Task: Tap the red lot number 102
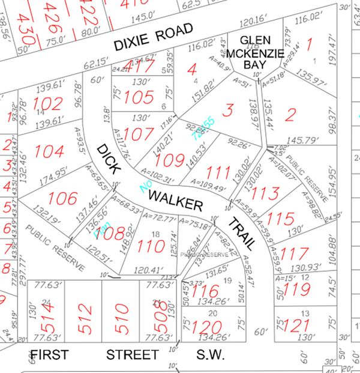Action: click(48, 103)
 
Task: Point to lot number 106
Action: click(63, 198)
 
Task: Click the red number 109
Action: click(170, 160)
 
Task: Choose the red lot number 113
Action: click(265, 193)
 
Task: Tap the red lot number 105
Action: click(139, 97)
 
